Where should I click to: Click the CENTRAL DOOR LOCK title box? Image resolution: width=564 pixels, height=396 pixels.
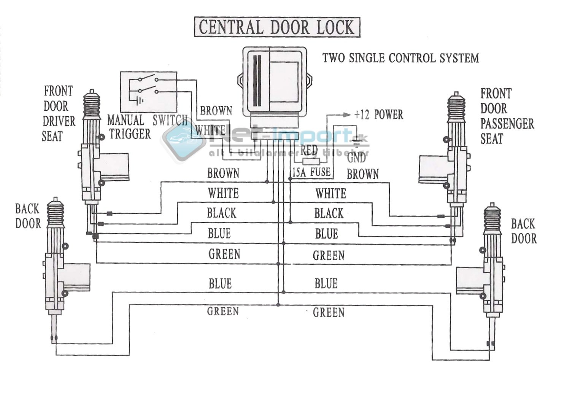pos(277,27)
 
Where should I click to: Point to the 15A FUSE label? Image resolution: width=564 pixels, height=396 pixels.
pos(311,172)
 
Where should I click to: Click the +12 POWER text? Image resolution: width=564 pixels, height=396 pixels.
pos(378,115)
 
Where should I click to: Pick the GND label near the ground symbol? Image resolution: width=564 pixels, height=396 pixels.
pos(356,157)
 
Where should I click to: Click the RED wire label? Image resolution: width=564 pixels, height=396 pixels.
pos(309,150)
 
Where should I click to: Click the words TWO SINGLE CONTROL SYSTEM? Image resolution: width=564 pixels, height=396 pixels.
pos(400,58)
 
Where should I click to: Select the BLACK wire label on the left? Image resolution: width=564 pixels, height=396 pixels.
pos(222,213)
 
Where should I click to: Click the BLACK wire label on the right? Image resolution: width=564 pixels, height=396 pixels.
pos(329,213)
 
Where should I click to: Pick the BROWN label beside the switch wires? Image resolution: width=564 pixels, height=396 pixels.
pos(216,111)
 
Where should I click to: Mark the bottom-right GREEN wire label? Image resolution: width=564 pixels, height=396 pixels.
pos(329,313)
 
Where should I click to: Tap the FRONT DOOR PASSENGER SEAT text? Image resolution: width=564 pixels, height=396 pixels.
pos(507,116)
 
